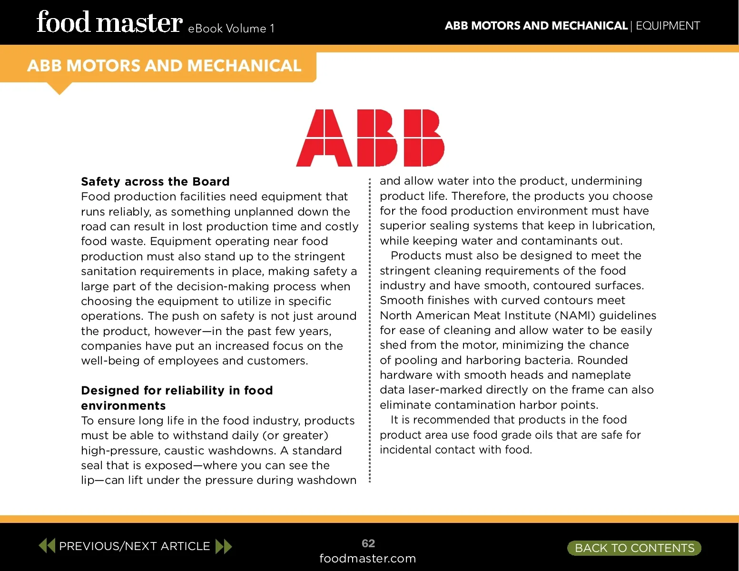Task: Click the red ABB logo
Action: pos(370,138)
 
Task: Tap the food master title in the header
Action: pos(109,23)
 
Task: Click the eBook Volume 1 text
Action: pos(231,29)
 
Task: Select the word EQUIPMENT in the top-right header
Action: pos(668,26)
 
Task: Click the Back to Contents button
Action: pos(634,548)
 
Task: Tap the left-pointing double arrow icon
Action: pos(47,546)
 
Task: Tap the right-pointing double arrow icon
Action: pos(224,546)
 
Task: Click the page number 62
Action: pos(368,543)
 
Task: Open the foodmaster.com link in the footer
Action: pos(367,559)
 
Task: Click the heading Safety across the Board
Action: pos(155,182)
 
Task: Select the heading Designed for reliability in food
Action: pos(177,391)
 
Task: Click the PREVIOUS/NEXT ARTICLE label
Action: pos(134,546)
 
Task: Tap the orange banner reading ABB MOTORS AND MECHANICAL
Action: pos(164,66)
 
